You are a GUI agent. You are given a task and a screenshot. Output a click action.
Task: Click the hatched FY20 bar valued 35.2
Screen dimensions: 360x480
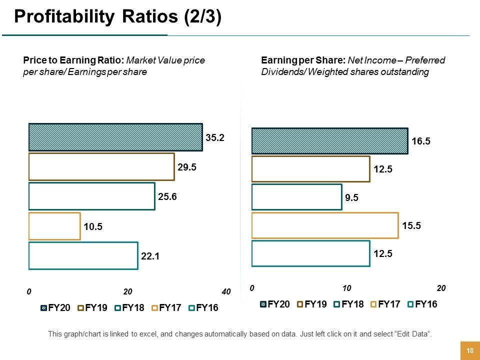click(115, 137)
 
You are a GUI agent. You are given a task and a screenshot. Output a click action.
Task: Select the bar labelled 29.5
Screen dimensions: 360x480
click(101, 166)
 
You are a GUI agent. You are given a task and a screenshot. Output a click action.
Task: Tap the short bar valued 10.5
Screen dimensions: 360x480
click(54, 226)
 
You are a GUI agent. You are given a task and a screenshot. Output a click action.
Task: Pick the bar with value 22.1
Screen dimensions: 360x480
click(83, 255)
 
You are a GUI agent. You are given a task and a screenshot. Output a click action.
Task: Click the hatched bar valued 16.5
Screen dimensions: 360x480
click(329, 141)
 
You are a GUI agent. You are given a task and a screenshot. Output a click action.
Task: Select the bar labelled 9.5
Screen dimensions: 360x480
click(296, 197)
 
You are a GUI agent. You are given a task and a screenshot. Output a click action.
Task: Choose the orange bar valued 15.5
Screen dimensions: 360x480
click(325, 225)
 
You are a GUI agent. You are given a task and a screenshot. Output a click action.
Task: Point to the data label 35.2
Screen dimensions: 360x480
click(215, 137)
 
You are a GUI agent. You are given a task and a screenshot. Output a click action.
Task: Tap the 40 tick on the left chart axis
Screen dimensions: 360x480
click(226, 292)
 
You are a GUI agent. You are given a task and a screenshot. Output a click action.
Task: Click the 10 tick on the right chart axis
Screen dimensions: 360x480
click(346, 288)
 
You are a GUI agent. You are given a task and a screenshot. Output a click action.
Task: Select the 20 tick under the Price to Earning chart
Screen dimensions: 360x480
click(127, 292)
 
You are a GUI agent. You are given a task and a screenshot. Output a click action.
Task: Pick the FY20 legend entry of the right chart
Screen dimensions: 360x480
click(274, 303)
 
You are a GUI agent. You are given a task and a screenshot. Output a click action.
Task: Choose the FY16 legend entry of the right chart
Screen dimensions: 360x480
click(422, 303)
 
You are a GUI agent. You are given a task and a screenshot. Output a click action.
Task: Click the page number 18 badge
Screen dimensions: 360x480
click(469, 350)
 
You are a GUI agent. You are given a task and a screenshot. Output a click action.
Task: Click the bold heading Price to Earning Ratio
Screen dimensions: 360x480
click(74, 60)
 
